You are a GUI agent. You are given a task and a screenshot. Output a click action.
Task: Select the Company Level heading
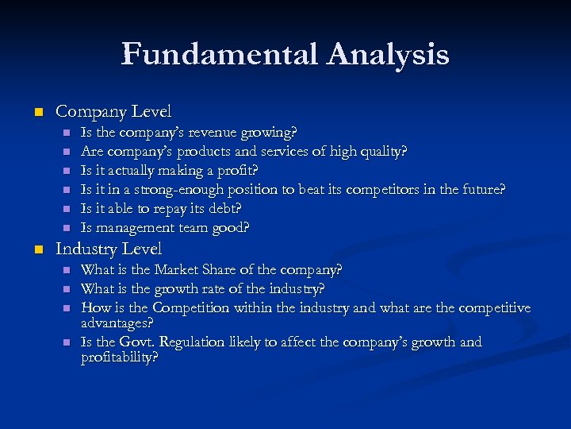pyautogui.click(x=113, y=112)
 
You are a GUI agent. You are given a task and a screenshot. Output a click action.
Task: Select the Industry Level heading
pyautogui.click(x=109, y=249)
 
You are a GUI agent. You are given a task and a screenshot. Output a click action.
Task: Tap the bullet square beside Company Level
pyautogui.click(x=36, y=113)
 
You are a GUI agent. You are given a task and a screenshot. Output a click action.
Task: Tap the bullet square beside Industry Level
pyautogui.click(x=36, y=249)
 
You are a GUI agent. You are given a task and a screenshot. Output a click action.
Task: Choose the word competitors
pyautogui.click(x=392, y=189)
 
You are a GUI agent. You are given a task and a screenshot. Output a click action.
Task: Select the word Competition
pyautogui.click(x=190, y=307)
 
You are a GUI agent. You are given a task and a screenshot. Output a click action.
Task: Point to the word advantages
pyautogui.click(x=117, y=323)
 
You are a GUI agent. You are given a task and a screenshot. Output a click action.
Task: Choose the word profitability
pyautogui.click(x=119, y=358)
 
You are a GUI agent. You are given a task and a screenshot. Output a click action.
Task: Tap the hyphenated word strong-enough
pyautogui.click(x=179, y=189)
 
